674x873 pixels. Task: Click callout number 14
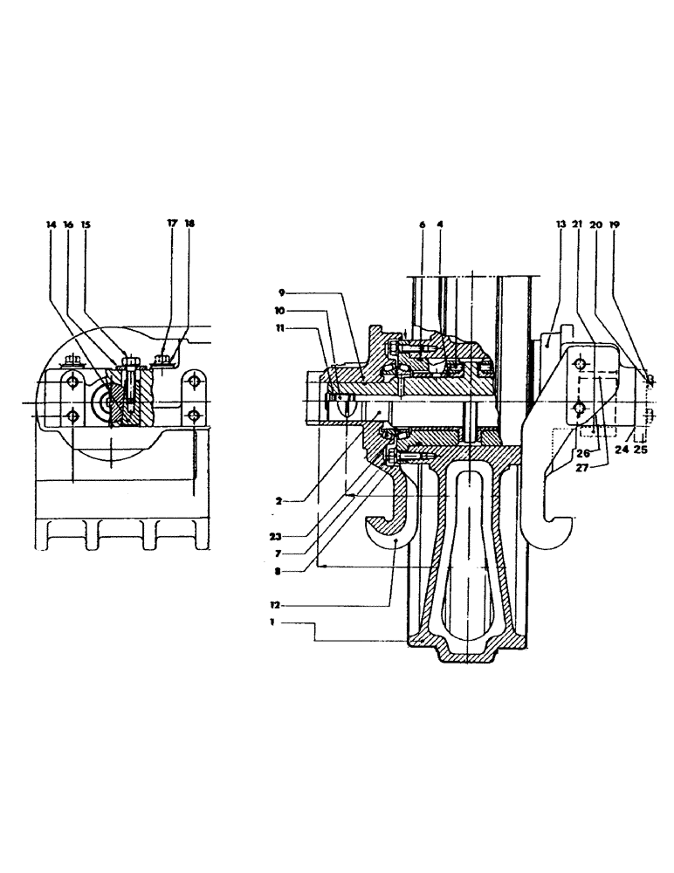pos(51,224)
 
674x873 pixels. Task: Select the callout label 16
pos(68,224)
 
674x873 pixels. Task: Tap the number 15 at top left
pos(86,224)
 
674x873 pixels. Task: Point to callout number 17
pos(172,224)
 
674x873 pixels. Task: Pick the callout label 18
pos(190,224)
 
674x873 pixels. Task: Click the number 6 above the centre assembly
pos(422,224)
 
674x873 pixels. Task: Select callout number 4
pos(440,224)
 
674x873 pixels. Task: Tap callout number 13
pos(560,224)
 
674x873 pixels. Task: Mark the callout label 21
pos(578,224)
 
